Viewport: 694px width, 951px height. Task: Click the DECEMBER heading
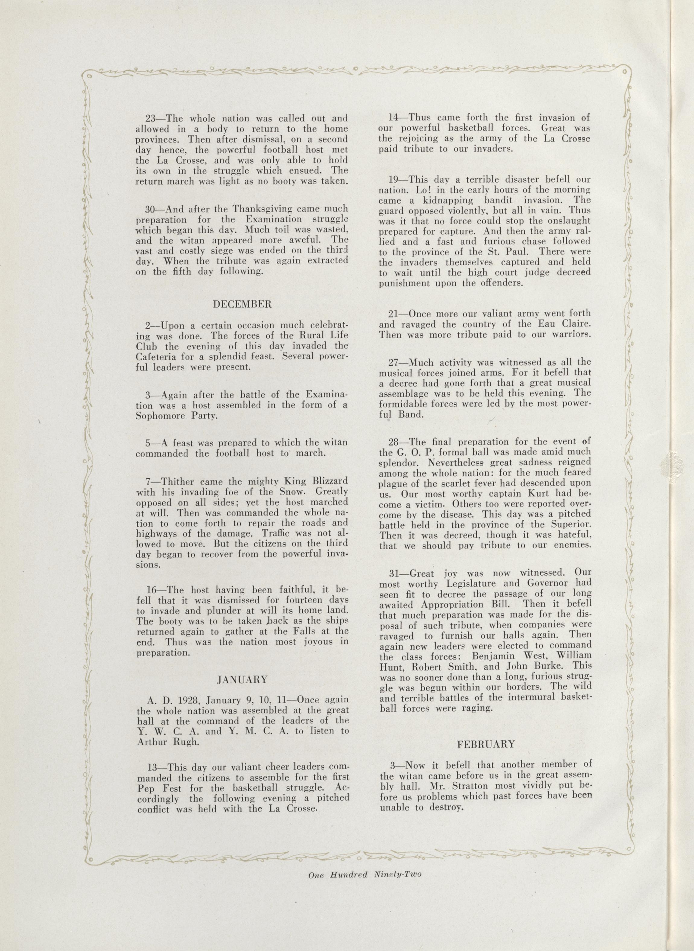(242, 305)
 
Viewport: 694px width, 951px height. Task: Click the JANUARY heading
(242, 680)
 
